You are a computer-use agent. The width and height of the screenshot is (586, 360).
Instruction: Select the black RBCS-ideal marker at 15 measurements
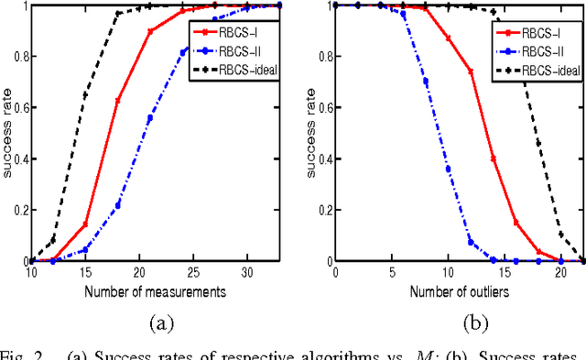(86, 94)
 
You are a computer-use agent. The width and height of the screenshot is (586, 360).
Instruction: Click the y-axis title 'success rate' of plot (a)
(7, 133)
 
